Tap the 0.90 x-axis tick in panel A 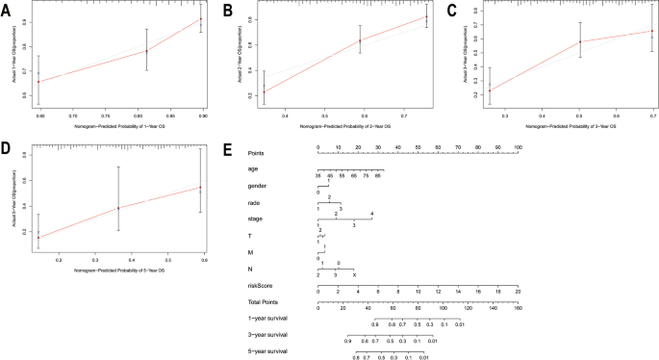coord(201,116)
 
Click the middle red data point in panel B coord(332,40)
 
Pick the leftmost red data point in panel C coord(491,90)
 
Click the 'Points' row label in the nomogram coord(257,152)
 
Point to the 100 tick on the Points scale coord(518,147)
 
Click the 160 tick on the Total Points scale coord(518,309)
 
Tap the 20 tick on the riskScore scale coord(518,292)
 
